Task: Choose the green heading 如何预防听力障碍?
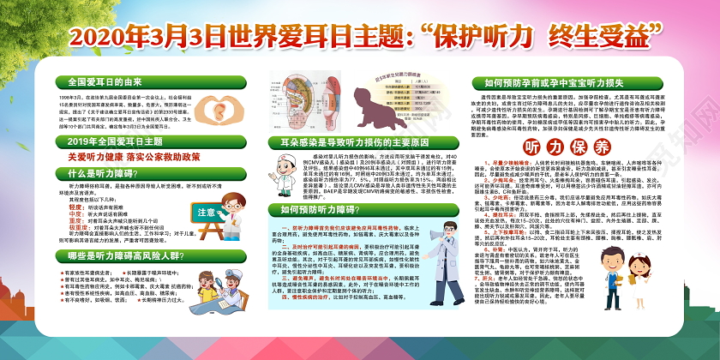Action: coord(321,208)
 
